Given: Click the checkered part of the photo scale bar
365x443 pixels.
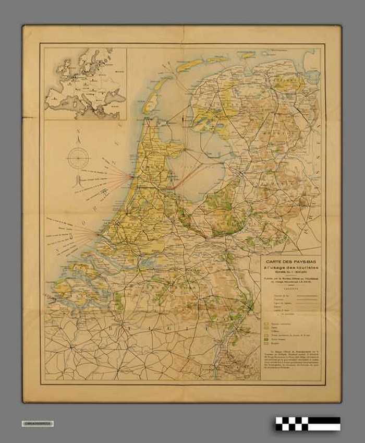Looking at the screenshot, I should (x=292, y=423).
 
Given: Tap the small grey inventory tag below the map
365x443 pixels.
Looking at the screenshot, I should (x=38, y=423).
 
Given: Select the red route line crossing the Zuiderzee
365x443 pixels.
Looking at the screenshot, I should (x=188, y=175).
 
